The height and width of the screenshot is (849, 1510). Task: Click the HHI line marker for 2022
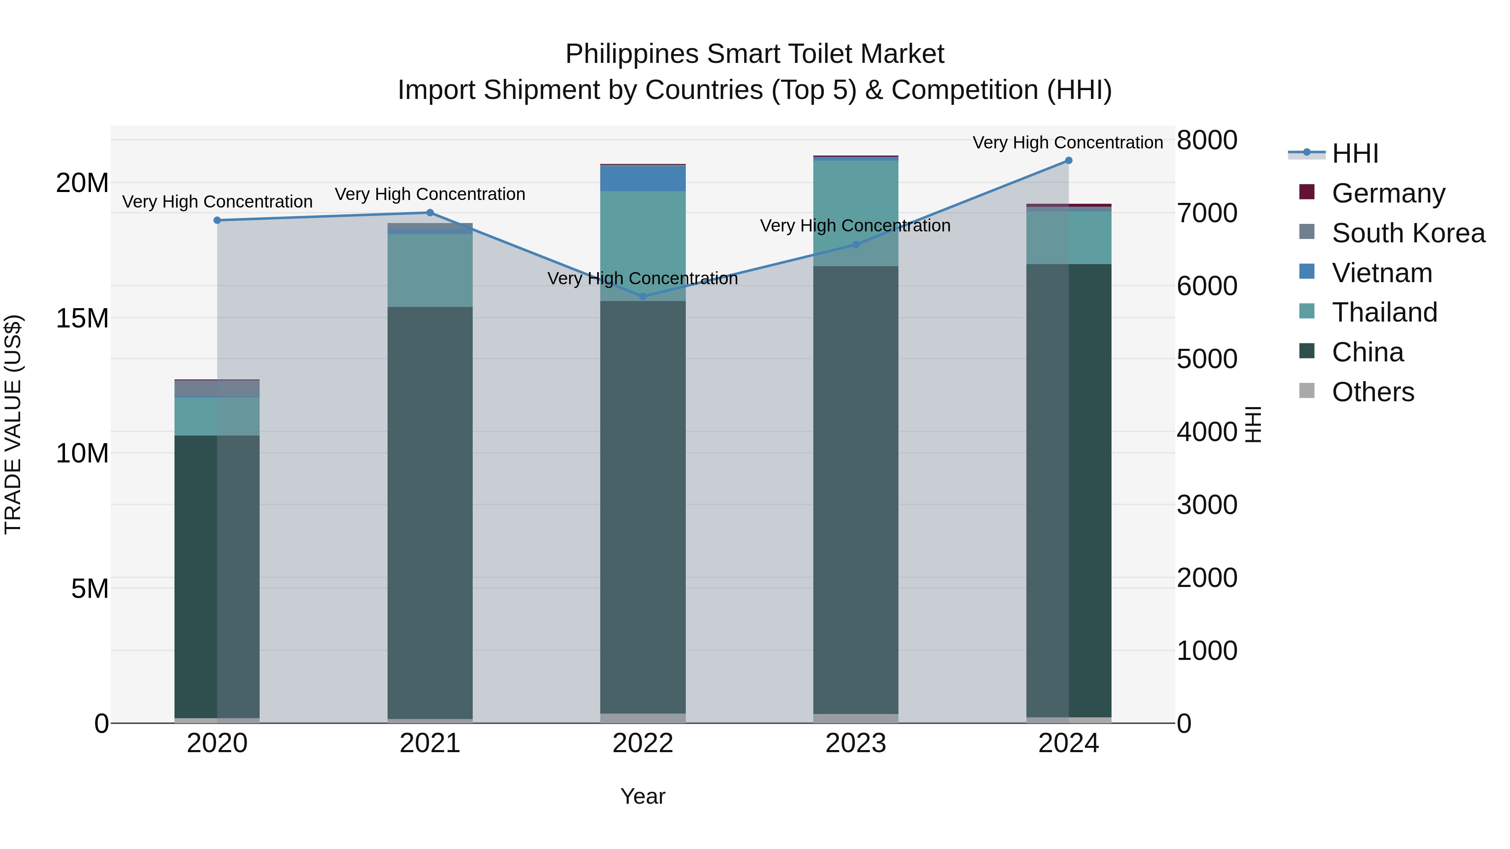643,296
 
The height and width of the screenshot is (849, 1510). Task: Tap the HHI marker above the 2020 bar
217,220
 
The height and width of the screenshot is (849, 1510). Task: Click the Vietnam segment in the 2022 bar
643,178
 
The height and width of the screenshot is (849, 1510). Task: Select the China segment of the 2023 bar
855,489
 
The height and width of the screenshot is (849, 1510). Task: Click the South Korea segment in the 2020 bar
217,389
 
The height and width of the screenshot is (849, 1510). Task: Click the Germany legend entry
1388,193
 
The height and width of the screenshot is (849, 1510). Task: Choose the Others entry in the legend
1372,392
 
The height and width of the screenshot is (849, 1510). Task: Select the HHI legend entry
1355,153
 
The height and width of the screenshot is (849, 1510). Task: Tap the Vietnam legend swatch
1307,272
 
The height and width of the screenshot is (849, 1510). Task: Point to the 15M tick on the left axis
82,318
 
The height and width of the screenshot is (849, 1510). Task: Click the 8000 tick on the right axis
1206,140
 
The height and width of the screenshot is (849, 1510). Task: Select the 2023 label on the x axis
855,743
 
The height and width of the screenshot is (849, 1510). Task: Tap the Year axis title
643,796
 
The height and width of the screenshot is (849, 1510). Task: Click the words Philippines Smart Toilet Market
755,54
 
